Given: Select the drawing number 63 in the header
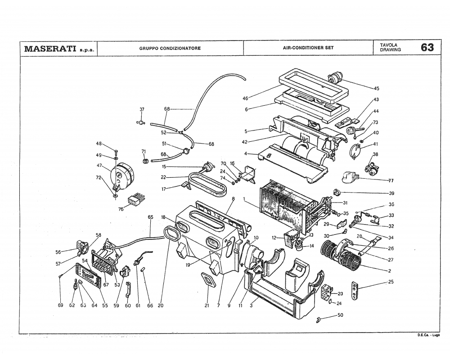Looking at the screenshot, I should tap(427, 48).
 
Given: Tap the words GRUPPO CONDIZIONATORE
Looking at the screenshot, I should tap(170, 48).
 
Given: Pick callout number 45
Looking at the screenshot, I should tap(377, 88).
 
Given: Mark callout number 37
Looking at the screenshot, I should tap(142, 109).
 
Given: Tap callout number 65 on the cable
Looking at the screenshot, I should tap(150, 217).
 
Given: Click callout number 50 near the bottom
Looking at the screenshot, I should tap(340, 315).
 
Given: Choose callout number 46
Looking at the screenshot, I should tap(245, 98).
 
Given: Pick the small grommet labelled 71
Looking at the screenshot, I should tap(145, 161).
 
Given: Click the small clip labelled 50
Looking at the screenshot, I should tap(319, 319).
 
